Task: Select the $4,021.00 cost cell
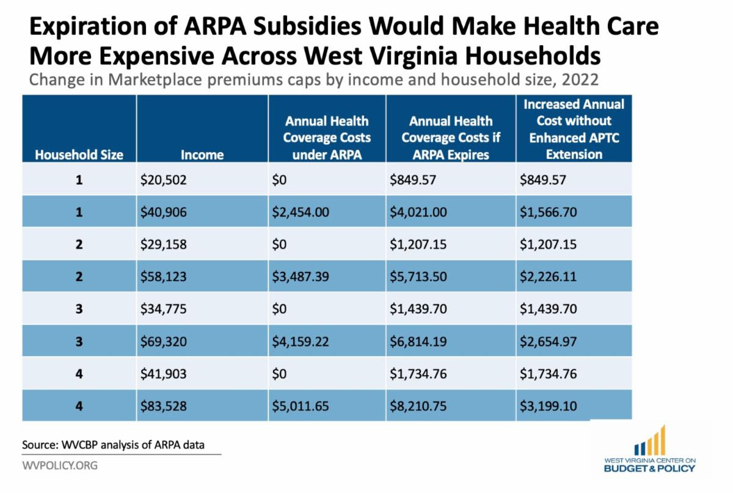(418, 212)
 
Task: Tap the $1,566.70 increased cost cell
(549, 212)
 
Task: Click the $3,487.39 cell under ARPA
(301, 277)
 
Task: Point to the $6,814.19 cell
(418, 341)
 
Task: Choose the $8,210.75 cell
(418, 406)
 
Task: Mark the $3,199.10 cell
(549, 406)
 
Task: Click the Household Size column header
(79, 155)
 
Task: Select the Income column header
(202, 155)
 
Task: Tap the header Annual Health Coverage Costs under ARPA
(327, 137)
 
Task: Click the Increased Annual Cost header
(574, 129)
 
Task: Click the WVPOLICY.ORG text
(59, 466)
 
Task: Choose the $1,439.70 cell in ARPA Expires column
(418, 309)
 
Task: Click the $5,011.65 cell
(301, 406)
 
